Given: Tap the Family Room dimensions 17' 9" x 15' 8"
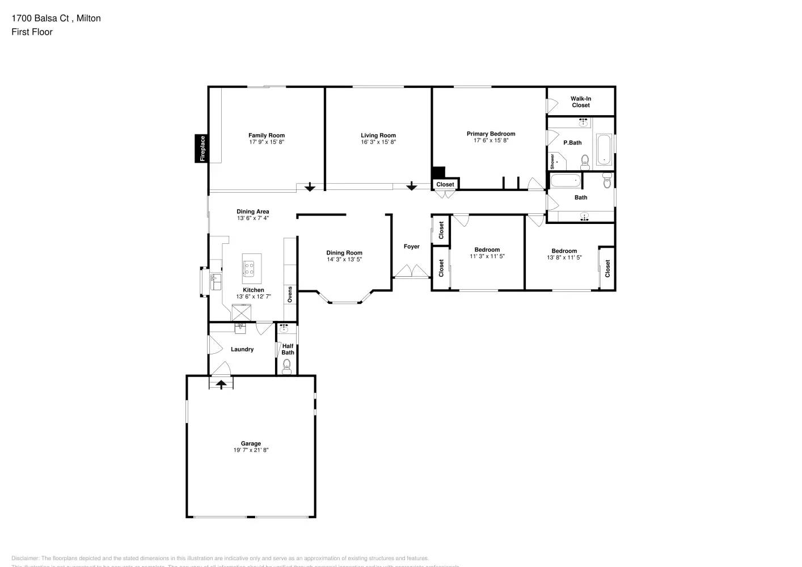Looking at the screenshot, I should click(267, 142).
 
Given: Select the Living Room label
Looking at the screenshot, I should click(378, 136).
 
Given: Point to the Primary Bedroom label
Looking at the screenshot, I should click(491, 134).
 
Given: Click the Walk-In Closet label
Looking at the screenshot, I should click(581, 102).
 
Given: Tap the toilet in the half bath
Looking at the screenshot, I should click(287, 365).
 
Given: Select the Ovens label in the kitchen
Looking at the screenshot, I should click(290, 294).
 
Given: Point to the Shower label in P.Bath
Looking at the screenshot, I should click(552, 161).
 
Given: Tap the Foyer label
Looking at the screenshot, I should click(412, 247).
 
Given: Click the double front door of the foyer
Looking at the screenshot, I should click(412, 272).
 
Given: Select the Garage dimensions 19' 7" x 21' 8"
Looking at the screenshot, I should click(251, 450).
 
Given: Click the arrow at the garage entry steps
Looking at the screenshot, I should click(221, 384).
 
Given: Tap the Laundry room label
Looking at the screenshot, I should click(242, 349).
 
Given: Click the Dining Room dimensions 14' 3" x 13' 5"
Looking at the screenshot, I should click(344, 260).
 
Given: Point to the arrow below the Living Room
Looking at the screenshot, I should click(411, 186).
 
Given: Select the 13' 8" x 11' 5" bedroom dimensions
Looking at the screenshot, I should click(564, 257).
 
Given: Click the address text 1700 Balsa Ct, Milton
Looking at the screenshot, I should click(56, 18).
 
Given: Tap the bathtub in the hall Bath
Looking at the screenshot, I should click(566, 181).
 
